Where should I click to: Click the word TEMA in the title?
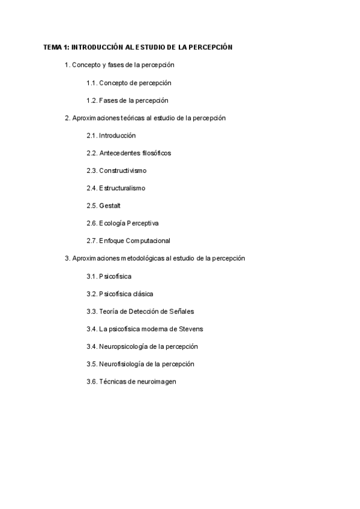tap(52, 47)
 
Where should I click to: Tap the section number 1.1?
tap(92, 83)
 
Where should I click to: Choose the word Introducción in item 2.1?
tap(118, 136)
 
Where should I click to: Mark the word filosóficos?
tap(157, 153)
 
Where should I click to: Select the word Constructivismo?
tap(123, 170)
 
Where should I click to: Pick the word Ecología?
tap(112, 223)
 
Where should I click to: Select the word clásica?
tap(143, 294)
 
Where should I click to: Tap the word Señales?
tap(182, 311)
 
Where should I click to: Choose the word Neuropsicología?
tap(125, 346)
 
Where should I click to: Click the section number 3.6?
tap(92, 381)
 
